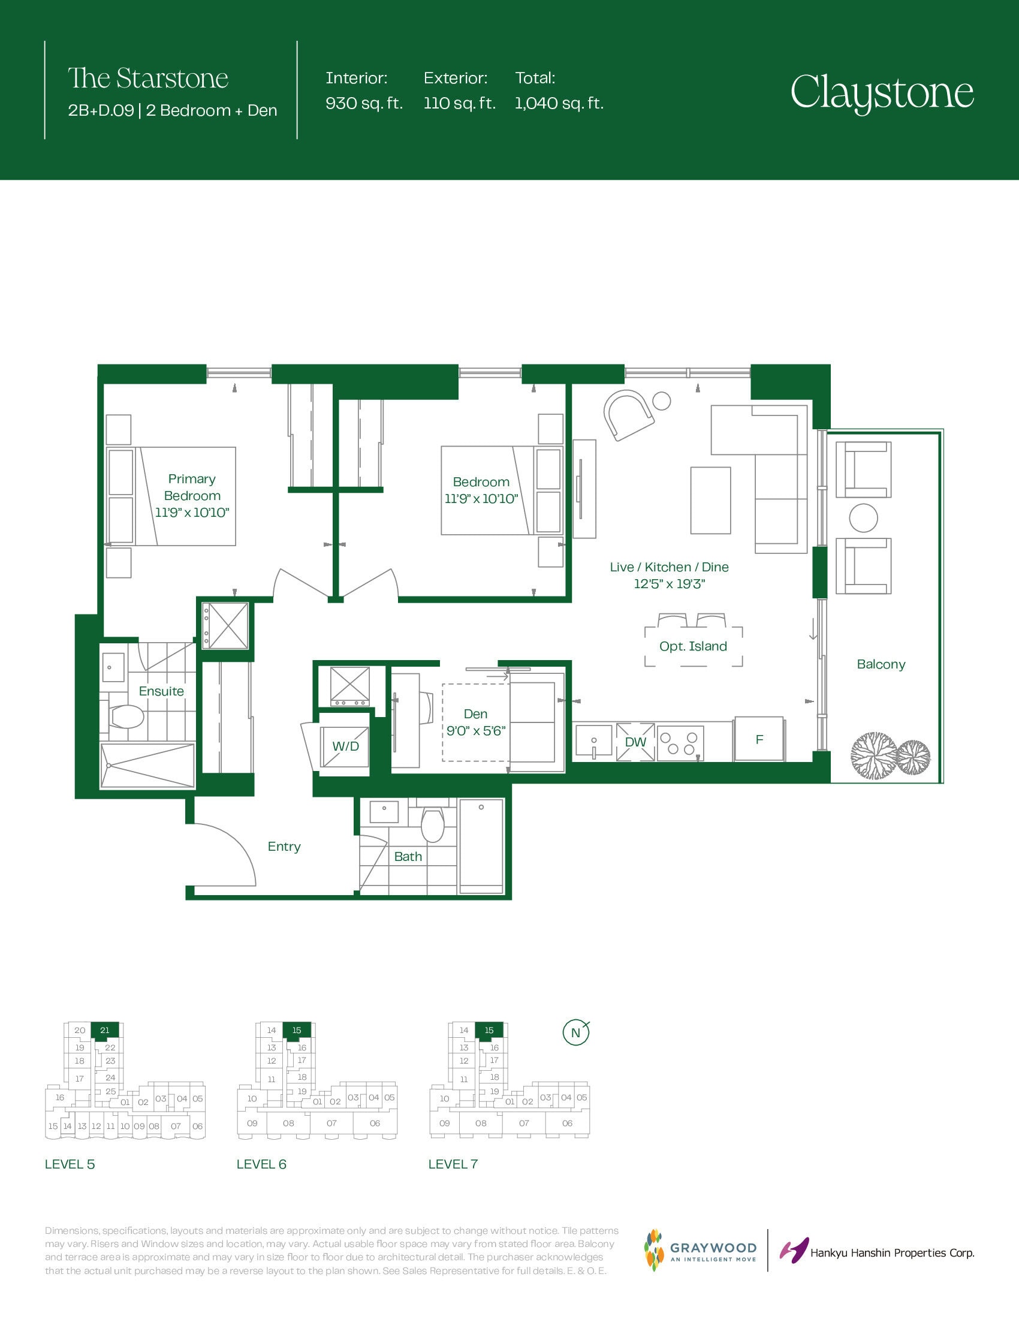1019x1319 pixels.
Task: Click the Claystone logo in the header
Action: pos(882,93)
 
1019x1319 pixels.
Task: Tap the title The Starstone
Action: pos(148,78)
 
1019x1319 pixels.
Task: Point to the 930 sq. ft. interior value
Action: pos(364,103)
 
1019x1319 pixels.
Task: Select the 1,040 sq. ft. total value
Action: pos(559,103)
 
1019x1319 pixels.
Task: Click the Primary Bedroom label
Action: pos(192,487)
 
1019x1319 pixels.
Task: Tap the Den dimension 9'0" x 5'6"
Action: pos(476,731)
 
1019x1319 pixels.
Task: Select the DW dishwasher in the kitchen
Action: pos(635,742)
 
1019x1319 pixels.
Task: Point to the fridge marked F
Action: pos(759,739)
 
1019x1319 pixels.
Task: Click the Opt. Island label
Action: pos(693,646)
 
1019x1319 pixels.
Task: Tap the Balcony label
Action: pos(881,664)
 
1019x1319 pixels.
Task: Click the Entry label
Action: pos(284,847)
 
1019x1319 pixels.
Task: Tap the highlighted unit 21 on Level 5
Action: pos(104,1030)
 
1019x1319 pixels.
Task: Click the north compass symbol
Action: pos(576,1033)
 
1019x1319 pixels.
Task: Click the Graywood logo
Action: pos(700,1250)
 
